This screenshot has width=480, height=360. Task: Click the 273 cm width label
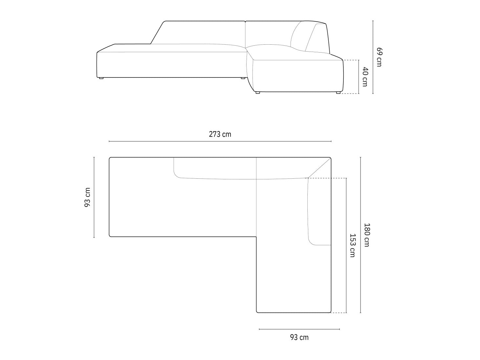point(220,134)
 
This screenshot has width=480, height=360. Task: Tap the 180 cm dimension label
point(367,235)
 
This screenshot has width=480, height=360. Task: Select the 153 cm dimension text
point(353,245)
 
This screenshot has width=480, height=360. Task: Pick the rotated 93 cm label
point(87,197)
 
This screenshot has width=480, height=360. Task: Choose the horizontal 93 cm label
point(299,337)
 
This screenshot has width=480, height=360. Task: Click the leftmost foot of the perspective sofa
point(101,78)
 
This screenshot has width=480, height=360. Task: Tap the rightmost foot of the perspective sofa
point(338,93)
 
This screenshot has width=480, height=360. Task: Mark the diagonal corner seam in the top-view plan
point(319,168)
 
